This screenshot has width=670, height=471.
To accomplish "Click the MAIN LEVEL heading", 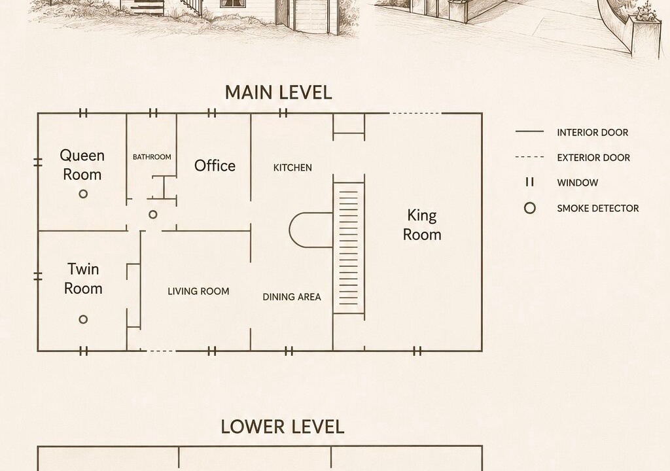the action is click(x=278, y=92).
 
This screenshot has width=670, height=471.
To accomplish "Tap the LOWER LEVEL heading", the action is click(x=283, y=427).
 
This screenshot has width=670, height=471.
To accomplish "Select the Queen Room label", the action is click(x=82, y=165).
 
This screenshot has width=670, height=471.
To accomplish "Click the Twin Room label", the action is click(x=83, y=279).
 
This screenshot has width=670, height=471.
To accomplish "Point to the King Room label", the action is click(x=422, y=225).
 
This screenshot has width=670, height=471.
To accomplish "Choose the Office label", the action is click(x=215, y=166).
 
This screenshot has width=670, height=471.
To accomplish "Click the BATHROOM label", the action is click(x=152, y=157).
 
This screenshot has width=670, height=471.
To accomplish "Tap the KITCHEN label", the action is click(x=292, y=167).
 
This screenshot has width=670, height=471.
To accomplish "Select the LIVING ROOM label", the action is click(x=198, y=291).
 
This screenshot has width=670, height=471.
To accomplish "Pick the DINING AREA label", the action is click(x=292, y=296).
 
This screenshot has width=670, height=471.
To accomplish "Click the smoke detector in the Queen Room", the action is click(x=83, y=194).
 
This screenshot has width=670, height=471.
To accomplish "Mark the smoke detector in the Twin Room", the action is click(x=83, y=319).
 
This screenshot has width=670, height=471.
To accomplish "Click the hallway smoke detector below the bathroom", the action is click(x=153, y=215).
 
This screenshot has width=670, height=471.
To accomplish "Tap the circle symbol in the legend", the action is click(x=530, y=208).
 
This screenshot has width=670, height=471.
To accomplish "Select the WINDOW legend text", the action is click(x=578, y=183).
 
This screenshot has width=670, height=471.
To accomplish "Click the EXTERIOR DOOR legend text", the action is click(x=593, y=158).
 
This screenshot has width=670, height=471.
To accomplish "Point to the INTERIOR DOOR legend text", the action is click(x=593, y=133).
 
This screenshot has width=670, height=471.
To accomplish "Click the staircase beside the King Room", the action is click(x=349, y=248).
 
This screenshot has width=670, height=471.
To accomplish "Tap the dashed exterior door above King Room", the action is click(x=415, y=113).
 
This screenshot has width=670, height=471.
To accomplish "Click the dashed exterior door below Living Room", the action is click(x=161, y=351).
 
